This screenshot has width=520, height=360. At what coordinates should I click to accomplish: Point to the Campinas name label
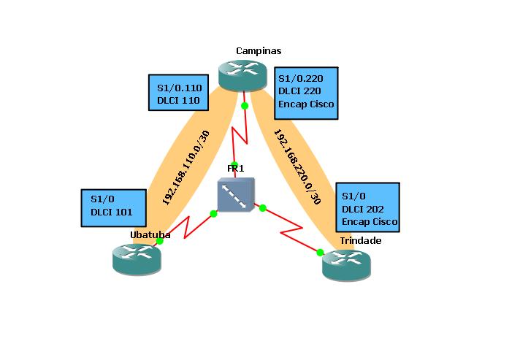point(259,50)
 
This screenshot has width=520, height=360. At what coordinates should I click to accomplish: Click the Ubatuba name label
point(150,234)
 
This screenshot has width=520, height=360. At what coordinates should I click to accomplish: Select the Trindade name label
point(360,240)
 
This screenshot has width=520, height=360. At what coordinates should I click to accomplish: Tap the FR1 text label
point(235,169)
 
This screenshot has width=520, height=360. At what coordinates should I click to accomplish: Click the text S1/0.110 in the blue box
point(179,89)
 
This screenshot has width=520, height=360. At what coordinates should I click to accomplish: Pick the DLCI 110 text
point(179,103)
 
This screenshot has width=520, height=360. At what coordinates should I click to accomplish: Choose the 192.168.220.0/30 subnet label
point(297,167)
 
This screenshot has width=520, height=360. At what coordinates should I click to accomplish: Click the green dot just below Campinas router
point(245,106)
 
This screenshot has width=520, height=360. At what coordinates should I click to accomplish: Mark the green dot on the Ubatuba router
point(159,241)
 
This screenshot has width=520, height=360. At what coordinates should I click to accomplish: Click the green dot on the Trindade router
point(320,253)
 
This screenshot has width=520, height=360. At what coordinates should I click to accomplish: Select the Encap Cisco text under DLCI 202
point(370,221)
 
